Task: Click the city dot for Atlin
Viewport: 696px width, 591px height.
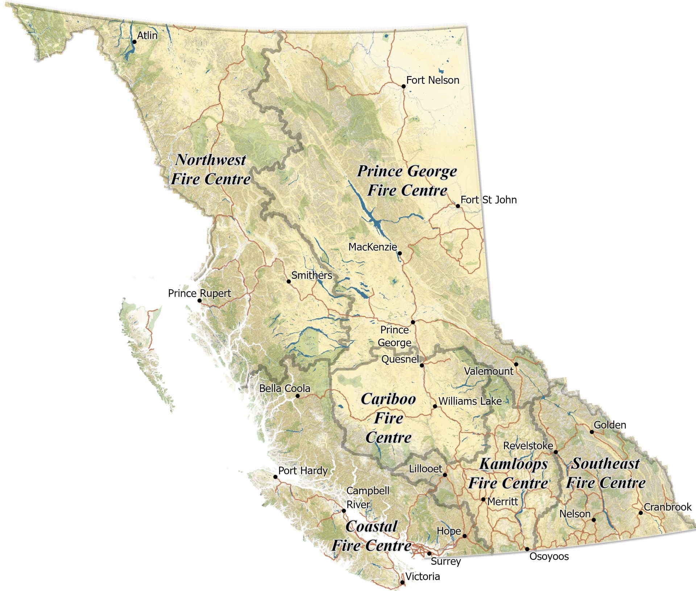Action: pos(134,42)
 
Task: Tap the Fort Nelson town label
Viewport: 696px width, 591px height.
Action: pos(432,80)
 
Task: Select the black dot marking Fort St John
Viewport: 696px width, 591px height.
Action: pos(458,206)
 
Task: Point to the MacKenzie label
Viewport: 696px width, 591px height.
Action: pos(372,247)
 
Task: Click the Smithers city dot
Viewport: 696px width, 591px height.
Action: pos(289,281)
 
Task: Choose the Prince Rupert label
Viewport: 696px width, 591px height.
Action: pos(199,293)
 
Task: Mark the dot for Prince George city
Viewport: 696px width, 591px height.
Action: pos(413,322)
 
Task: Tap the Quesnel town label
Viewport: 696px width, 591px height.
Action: pos(400,359)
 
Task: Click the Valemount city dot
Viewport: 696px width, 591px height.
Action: pos(516,364)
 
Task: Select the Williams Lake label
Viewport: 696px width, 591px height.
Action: pos(470,401)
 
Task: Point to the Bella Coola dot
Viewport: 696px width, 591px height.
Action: pos(298,396)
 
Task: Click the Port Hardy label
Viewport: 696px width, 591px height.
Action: pos(303,471)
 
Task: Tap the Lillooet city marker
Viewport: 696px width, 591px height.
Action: pos(445,475)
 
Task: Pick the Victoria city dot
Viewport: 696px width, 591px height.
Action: pos(402,582)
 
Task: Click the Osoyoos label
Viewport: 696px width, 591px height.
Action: pos(549,556)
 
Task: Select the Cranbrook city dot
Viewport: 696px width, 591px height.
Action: pos(641,513)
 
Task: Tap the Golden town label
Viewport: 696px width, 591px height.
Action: pos(610,425)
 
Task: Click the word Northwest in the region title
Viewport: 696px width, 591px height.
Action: pos(211,160)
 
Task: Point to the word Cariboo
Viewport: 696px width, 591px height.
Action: pos(389,399)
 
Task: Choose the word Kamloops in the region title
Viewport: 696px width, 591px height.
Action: pos(513,464)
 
